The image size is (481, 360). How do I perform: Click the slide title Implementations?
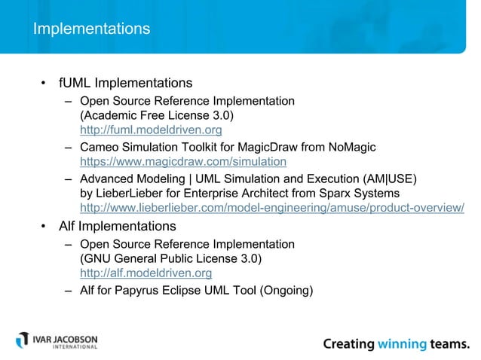click(x=91, y=29)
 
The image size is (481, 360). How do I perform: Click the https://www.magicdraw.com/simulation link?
click(x=183, y=161)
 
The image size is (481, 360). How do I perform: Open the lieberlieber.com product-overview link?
click(x=271, y=208)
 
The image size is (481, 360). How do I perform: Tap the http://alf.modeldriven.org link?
click(x=146, y=273)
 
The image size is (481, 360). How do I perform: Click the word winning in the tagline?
click(x=404, y=344)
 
